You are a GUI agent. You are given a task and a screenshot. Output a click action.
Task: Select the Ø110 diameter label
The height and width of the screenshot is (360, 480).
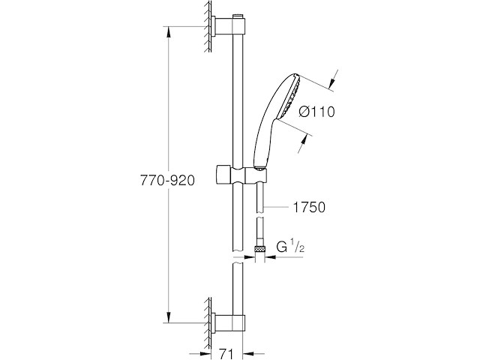[316, 112]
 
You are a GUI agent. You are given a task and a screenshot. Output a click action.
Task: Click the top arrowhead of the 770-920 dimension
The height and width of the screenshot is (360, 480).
[168, 31]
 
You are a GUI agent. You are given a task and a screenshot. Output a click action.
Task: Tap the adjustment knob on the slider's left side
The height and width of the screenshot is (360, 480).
[221, 175]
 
